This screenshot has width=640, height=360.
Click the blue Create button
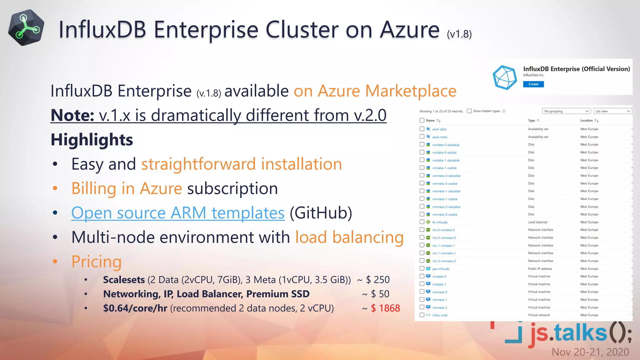(x=533, y=84)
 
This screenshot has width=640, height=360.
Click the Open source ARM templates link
(x=178, y=213)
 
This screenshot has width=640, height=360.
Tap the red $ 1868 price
(x=385, y=308)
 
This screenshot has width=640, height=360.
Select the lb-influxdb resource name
(x=440, y=222)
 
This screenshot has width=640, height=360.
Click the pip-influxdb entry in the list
(x=441, y=269)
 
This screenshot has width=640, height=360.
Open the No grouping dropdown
(x=566, y=111)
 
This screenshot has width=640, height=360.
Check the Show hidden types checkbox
(x=469, y=111)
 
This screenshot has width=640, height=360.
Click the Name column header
(x=430, y=120)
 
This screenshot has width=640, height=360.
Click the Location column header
(x=586, y=120)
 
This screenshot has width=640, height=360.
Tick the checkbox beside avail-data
(x=422, y=129)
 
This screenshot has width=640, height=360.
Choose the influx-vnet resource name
(x=440, y=315)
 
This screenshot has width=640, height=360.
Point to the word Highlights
(x=92, y=140)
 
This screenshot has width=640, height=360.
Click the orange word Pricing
(x=96, y=262)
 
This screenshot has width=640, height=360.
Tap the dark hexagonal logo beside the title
(x=26, y=28)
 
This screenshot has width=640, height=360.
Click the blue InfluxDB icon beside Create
(x=504, y=77)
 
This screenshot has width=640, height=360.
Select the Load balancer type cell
(x=538, y=222)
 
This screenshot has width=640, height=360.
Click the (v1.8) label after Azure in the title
(x=459, y=34)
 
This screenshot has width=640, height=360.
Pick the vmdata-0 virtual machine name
(x=439, y=277)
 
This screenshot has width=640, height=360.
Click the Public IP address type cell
(x=540, y=269)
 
